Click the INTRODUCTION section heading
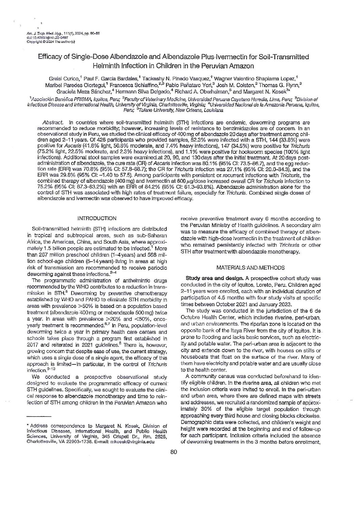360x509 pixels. (x=97, y=218)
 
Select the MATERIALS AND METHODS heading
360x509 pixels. (x=251, y=268)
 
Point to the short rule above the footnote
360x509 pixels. (x=38, y=416)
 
